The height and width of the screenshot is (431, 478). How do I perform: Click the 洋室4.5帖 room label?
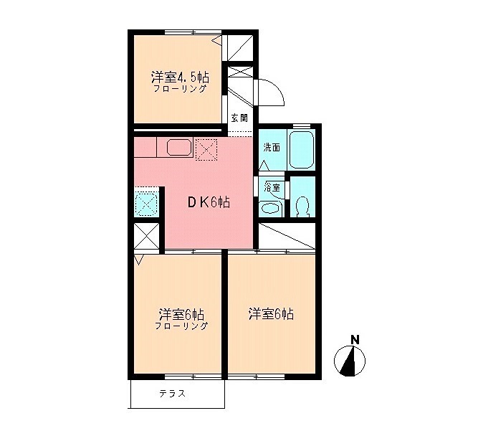(x=179, y=76)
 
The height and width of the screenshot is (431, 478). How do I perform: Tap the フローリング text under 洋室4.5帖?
(x=180, y=89)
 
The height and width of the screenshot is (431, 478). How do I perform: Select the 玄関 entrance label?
(x=239, y=118)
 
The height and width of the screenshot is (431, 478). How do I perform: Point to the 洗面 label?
(x=271, y=148)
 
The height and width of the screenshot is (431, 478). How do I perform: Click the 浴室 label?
(x=272, y=187)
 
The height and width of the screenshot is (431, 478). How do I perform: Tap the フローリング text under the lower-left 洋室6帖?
(x=181, y=326)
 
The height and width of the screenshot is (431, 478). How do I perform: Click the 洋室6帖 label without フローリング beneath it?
(x=272, y=313)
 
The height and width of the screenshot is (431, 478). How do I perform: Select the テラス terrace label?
(x=172, y=393)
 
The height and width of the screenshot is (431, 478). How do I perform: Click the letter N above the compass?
(x=354, y=339)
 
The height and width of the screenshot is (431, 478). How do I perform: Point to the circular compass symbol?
(x=350, y=361)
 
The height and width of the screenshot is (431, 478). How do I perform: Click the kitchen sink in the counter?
(x=179, y=148)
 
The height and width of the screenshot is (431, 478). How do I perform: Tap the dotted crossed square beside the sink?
(x=206, y=149)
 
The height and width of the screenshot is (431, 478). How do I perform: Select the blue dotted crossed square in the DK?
(x=147, y=204)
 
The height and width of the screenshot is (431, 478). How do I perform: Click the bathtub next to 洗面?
(x=303, y=149)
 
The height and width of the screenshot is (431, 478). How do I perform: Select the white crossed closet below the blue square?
(x=147, y=236)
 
